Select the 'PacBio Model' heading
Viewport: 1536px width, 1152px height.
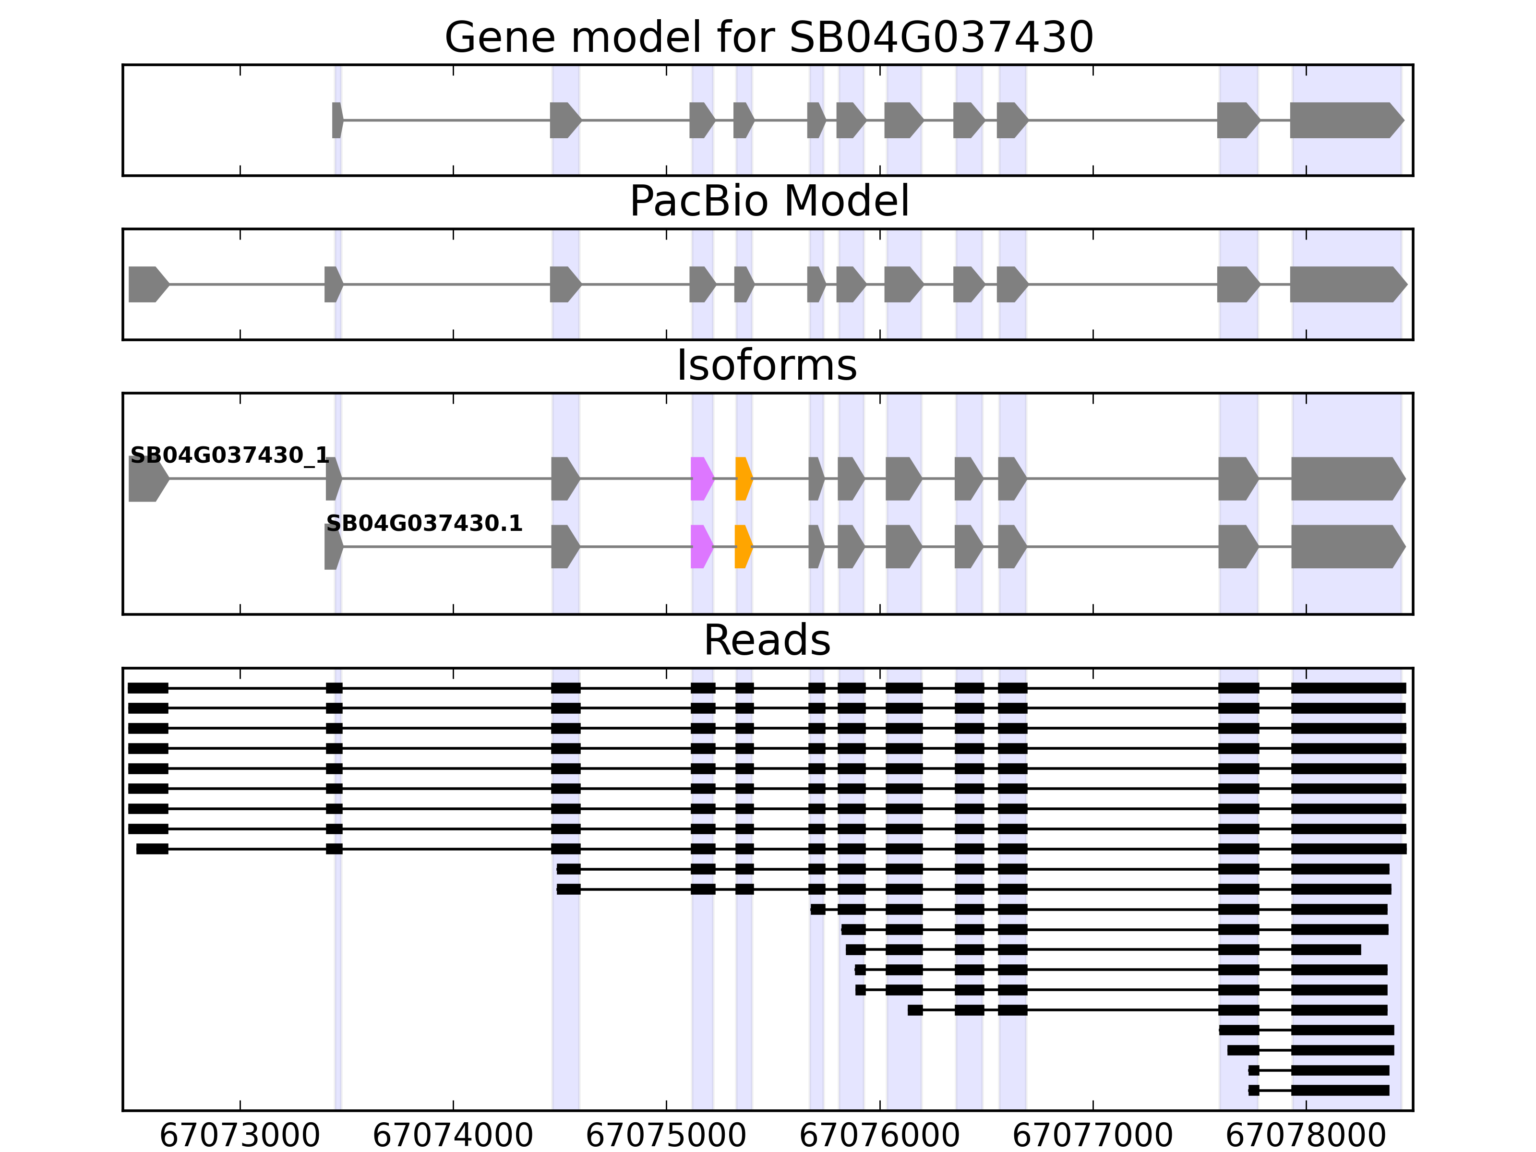click(x=768, y=202)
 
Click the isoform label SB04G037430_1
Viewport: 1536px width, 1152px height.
click(x=229, y=456)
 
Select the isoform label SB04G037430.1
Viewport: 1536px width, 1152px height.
click(x=423, y=524)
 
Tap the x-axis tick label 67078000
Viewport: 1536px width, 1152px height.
click(x=1306, y=1136)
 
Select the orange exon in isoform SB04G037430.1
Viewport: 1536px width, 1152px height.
click(x=743, y=547)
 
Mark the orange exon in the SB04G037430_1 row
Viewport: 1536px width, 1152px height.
click(x=744, y=479)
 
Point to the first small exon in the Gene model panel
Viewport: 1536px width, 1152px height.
click(x=337, y=120)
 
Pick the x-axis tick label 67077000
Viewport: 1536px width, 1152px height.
click(x=1092, y=1136)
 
